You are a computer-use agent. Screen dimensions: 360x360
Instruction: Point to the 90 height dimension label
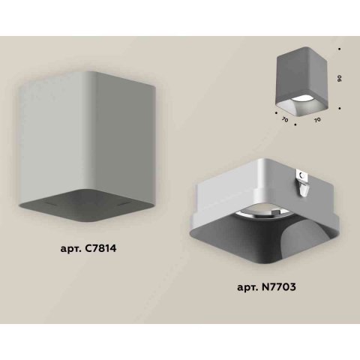340,79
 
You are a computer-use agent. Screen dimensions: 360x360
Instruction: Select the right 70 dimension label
318,118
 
